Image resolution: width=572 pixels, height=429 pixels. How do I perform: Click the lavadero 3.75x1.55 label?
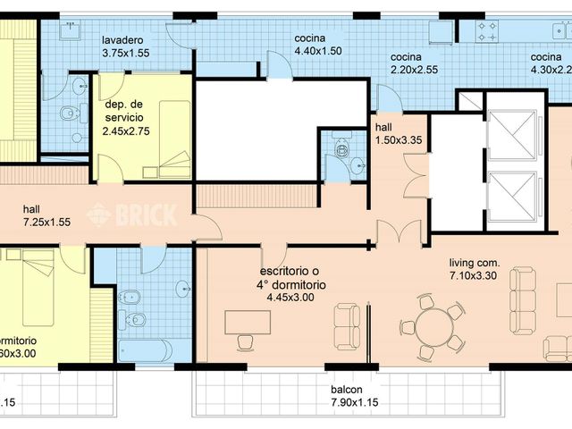coord(124,46)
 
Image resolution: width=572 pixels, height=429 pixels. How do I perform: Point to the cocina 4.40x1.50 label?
coord(317,46)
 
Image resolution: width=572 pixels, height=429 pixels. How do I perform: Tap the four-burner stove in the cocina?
coord(490,33)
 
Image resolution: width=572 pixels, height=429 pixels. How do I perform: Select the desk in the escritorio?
coord(249,320)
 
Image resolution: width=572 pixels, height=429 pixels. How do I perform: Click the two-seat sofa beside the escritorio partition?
coord(347,327)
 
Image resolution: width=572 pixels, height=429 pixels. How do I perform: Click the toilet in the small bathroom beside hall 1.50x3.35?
coord(339,148)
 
